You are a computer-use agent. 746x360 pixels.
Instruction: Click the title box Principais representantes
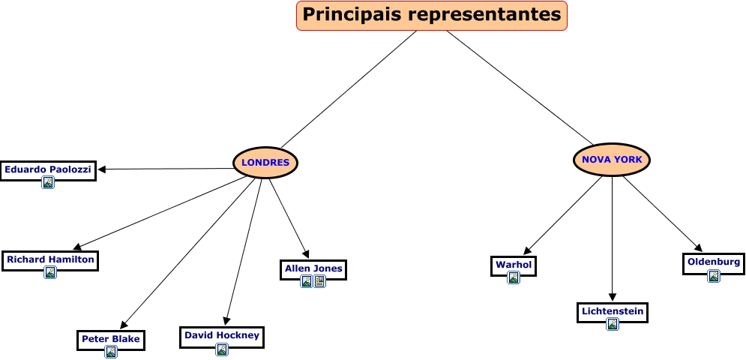pos(432,15)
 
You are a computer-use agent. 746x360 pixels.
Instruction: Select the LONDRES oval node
pos(265,162)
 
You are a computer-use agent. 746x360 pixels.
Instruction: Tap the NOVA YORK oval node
pos(612,159)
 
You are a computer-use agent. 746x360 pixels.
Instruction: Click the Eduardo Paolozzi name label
pos(48,169)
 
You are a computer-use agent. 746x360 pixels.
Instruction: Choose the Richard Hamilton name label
pos(50,259)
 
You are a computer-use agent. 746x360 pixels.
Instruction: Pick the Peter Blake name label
pos(110,338)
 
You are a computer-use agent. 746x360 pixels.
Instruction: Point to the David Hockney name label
pos(222,335)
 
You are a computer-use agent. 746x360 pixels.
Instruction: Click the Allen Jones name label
pos(313,268)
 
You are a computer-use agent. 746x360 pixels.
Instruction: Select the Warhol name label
pos(514,264)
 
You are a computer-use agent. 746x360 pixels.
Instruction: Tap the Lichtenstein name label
pos(613,310)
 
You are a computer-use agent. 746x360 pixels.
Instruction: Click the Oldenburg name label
pos(714,262)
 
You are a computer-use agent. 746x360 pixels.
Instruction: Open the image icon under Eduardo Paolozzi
pos(48,182)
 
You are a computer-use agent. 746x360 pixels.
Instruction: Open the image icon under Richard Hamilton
pos(50,272)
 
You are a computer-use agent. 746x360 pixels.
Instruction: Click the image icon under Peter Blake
pos(110,351)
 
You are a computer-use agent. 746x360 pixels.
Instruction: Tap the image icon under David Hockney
pos(222,349)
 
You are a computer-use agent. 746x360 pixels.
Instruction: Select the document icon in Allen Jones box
pos(320,281)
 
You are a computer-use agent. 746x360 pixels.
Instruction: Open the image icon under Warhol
pos(514,277)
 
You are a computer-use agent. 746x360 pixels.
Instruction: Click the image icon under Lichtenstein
pos(613,324)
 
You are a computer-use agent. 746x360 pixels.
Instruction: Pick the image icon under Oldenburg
pos(714,275)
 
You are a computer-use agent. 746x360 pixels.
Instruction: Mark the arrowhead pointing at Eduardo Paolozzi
pos(102,169)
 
